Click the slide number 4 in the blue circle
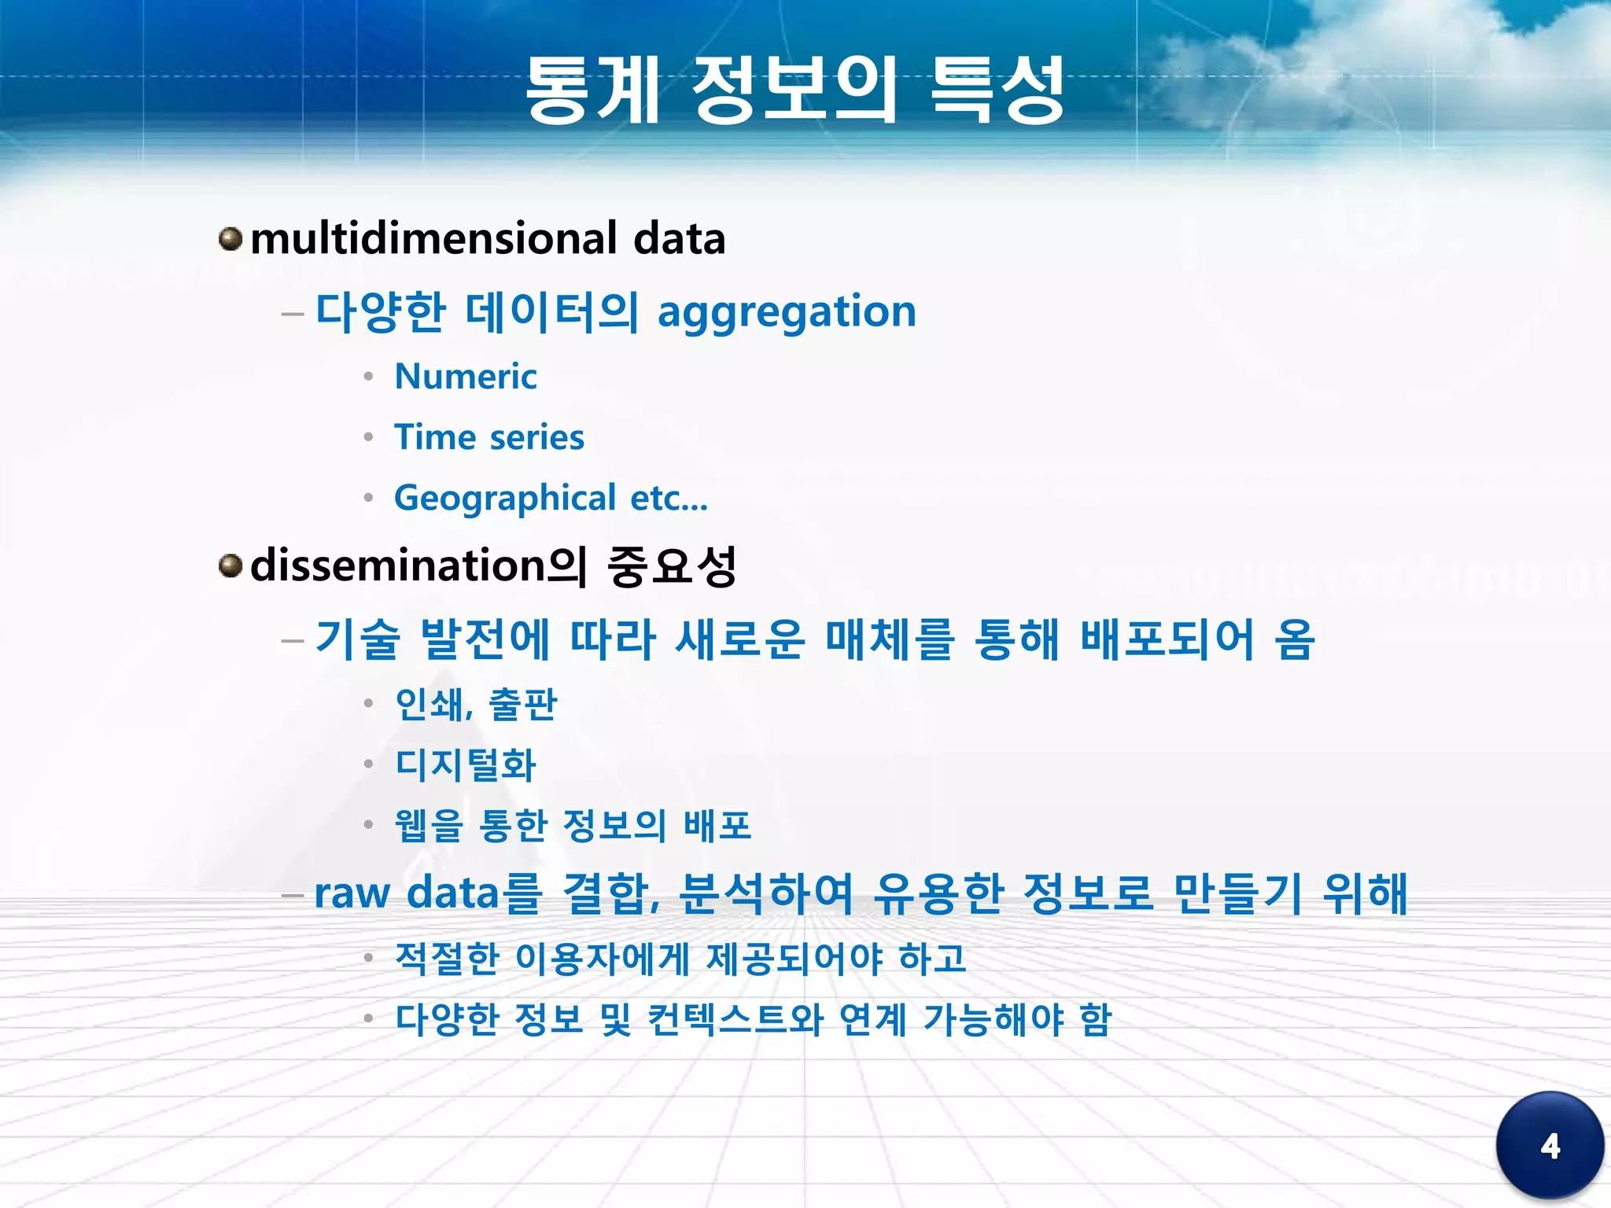[1550, 1146]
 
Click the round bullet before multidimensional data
[230, 238]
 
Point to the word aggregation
[787, 312]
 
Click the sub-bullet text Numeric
[466, 377]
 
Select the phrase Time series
[489, 437]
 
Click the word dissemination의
[418, 565]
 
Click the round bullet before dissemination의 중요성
[230, 565]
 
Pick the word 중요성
[672, 565]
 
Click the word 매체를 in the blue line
[890, 639]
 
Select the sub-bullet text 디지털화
[466, 764]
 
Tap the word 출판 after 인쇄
[522, 704]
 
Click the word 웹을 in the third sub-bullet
[429, 826]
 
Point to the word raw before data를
[352, 894]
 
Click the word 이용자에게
[602, 958]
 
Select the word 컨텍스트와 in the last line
[735, 1019]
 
